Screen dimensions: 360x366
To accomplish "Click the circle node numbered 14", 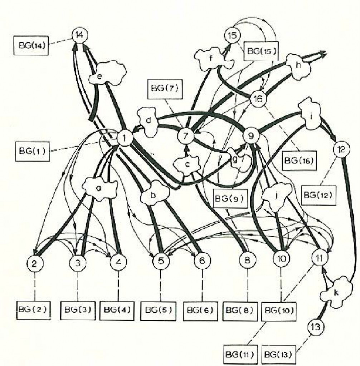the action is click(x=80, y=36).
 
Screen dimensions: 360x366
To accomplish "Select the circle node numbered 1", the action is click(x=125, y=138).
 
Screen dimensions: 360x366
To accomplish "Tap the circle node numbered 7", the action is click(x=186, y=135).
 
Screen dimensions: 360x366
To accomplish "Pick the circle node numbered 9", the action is click(x=251, y=135).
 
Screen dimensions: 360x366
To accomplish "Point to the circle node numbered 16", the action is click(x=258, y=99).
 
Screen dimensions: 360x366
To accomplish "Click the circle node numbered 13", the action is click(x=316, y=327).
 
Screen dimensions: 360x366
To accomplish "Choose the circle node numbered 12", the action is click(x=342, y=149).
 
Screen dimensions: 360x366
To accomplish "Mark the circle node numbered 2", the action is click(x=35, y=263).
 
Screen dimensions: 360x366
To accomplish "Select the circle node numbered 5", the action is click(x=161, y=261).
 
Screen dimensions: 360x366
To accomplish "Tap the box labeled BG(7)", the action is click(x=165, y=89).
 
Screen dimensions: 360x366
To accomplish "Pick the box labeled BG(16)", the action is click(x=299, y=160).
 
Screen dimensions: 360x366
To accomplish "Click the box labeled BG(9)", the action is click(x=230, y=198).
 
